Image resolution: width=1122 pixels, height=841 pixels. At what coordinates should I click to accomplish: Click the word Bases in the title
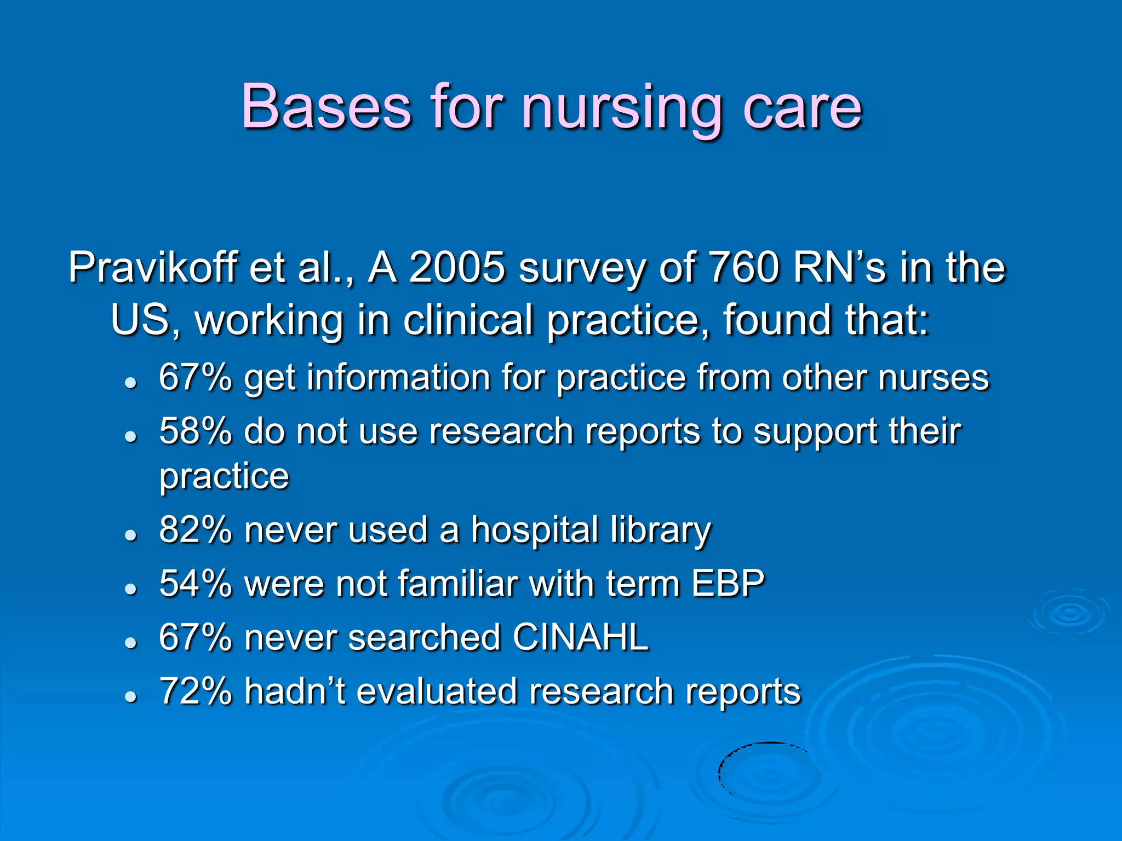pos(326,106)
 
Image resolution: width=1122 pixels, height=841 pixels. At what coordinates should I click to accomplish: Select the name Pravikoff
pos(153,268)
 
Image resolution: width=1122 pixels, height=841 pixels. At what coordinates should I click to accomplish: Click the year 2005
pos(457,268)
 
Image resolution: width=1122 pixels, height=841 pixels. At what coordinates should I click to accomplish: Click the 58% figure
pos(195,431)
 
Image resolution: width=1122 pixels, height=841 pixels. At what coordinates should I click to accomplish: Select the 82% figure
pos(195,530)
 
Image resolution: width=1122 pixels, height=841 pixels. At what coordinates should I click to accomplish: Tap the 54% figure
pos(195,584)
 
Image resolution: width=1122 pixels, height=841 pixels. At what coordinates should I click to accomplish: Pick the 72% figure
pos(195,691)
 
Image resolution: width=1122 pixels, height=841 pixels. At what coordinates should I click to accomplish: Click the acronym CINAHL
pos(581,637)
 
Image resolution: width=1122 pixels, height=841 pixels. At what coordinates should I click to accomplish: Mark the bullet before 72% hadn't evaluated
pos(130,696)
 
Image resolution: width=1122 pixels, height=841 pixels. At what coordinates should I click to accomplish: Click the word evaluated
pos(436,691)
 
